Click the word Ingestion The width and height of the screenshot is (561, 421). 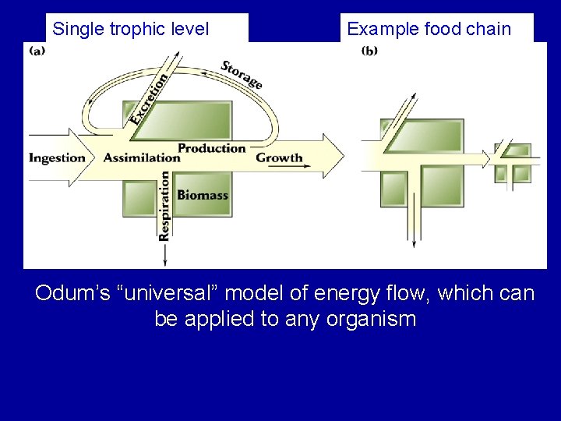[x=57, y=157]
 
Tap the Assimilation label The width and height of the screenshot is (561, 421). [x=141, y=157]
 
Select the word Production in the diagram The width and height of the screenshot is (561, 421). [x=211, y=148]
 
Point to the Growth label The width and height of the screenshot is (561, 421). [x=279, y=157]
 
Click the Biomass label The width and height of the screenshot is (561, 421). [x=203, y=194]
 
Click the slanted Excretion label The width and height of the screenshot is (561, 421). [x=150, y=99]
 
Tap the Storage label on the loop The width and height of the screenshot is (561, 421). [x=241, y=75]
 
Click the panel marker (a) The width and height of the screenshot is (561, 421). [x=37, y=51]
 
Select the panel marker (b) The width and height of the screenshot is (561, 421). [x=370, y=51]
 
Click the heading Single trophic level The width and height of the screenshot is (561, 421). [x=130, y=30]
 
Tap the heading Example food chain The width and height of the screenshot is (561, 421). [x=429, y=30]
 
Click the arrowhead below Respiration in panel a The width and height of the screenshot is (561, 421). [x=164, y=258]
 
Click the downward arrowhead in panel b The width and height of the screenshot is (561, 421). [x=414, y=242]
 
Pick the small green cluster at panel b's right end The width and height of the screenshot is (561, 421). [x=513, y=162]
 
